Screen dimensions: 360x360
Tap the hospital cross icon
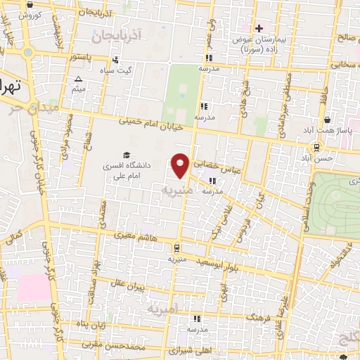[259, 29]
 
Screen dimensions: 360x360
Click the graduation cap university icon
[127, 155]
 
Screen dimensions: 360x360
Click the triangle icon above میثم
[79, 79]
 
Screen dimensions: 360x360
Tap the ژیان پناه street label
[91, 325]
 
